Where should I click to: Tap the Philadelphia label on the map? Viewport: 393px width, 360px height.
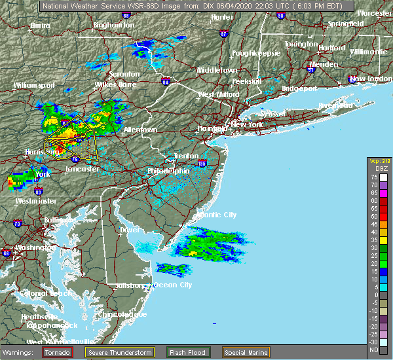tap(168, 171)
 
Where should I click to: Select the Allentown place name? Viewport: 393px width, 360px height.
tap(140, 130)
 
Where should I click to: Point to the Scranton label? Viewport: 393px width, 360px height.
tap(124, 75)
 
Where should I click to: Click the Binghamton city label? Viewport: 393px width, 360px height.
tap(113, 25)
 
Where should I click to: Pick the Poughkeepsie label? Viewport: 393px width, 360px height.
tap(256, 52)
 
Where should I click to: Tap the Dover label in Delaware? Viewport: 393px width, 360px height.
tap(130, 230)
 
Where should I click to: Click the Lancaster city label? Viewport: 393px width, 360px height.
tap(83, 169)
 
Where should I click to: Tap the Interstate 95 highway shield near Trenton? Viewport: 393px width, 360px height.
tap(202, 163)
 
